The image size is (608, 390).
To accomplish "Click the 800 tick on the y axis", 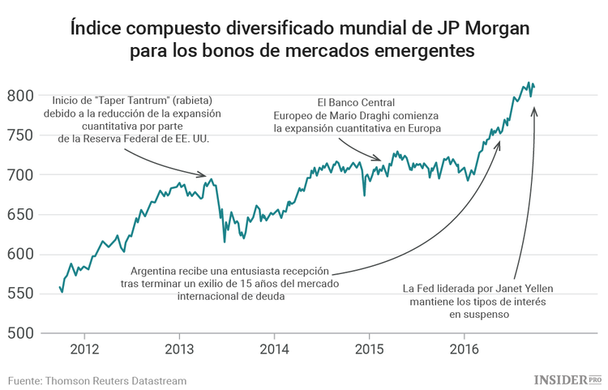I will (x=21, y=96).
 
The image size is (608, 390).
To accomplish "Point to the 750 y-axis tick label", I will (x=21, y=135).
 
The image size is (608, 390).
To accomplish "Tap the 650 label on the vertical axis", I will (x=21, y=215).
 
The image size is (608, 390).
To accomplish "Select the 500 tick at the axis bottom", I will (x=21, y=333).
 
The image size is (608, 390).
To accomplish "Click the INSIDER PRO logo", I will (x=567, y=379).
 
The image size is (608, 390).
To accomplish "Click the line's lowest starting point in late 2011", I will (x=62, y=292).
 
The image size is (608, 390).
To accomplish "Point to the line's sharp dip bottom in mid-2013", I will (x=225, y=241).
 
